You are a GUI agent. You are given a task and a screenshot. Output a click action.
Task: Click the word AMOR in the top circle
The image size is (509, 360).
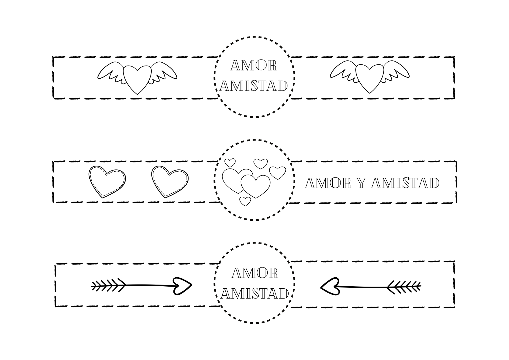click(253, 66)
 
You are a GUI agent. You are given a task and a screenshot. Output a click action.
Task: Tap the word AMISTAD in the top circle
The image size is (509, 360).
click(254, 86)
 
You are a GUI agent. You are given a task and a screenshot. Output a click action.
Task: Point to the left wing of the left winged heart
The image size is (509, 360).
click(111, 72)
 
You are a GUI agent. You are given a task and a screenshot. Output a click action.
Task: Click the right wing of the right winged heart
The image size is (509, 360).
click(396, 71)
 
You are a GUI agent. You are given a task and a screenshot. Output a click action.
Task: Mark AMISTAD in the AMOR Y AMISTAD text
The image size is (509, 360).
click(405, 183)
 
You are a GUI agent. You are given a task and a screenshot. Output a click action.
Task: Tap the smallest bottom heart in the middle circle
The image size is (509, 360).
click(245, 201)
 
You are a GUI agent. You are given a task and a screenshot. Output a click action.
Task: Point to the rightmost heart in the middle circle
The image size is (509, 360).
click(278, 173)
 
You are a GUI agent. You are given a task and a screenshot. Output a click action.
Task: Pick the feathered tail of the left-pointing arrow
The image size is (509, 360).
click(404, 287)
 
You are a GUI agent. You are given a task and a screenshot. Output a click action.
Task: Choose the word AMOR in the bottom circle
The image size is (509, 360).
click(255, 273)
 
